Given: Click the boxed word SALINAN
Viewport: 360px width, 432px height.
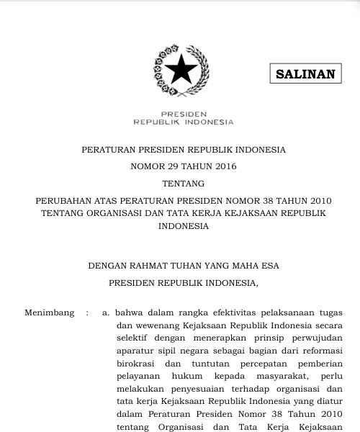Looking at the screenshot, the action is [306, 74].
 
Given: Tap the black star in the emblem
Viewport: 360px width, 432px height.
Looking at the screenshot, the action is [180, 70].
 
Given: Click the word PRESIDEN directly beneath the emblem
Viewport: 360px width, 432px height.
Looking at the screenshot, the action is [184, 114].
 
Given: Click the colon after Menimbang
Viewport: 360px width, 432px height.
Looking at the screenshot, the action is [87, 313].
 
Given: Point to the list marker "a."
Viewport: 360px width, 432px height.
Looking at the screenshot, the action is [106, 313].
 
